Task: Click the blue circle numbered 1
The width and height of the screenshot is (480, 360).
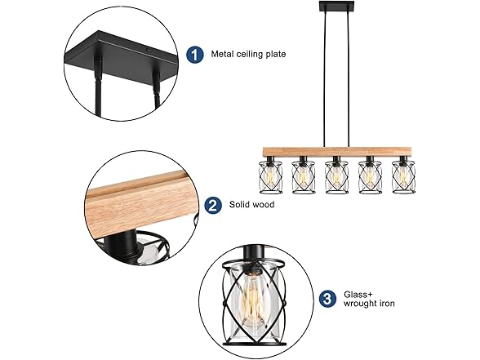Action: (x=195, y=55)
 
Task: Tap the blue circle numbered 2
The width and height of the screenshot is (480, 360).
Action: (x=213, y=205)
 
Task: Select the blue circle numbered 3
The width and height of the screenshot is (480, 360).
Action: (x=327, y=298)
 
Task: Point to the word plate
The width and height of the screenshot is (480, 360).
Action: (x=276, y=55)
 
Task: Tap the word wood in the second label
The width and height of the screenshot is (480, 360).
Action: (x=264, y=204)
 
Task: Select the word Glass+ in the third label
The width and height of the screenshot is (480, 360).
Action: (x=358, y=295)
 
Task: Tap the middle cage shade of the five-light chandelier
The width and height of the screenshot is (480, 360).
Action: (x=336, y=176)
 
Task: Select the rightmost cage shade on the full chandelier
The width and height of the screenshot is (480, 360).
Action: (x=404, y=176)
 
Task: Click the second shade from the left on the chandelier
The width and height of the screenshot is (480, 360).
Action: (x=303, y=176)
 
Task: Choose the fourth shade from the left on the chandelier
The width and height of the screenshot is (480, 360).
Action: (x=370, y=176)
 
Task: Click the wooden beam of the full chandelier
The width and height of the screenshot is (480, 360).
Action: (x=336, y=152)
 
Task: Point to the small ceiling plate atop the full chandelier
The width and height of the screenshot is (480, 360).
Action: (x=336, y=7)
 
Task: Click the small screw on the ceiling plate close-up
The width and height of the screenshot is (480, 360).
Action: (x=147, y=49)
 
